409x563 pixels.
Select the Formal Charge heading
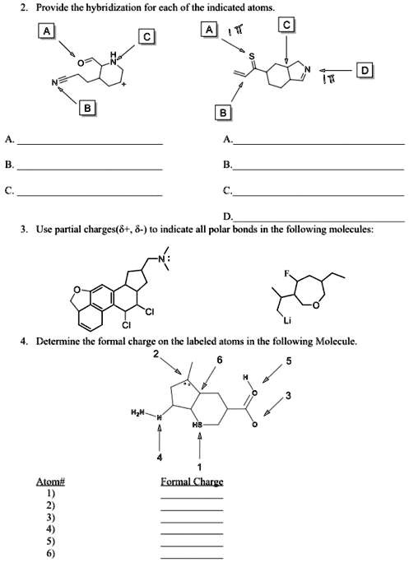point(192,481)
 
